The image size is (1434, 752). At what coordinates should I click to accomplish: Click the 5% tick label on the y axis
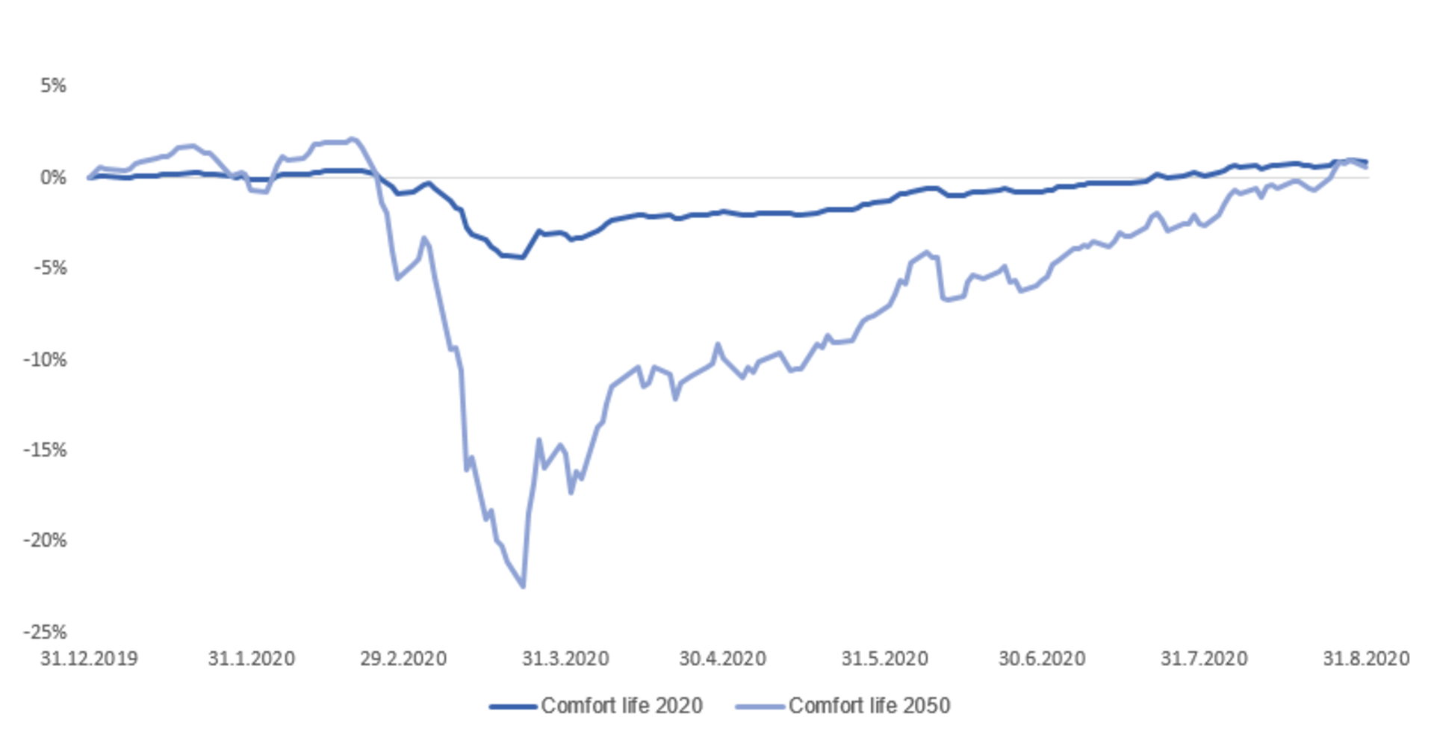click(53, 86)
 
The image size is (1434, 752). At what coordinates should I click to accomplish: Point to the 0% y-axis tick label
click(53, 178)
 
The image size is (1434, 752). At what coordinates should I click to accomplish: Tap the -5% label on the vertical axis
click(49, 268)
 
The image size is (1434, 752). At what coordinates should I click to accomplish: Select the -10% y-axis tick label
click(46, 360)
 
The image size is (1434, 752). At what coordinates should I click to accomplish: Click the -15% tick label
click(46, 450)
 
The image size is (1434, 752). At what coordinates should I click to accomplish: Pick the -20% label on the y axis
click(46, 541)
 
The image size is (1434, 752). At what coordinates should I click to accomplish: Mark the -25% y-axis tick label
click(46, 633)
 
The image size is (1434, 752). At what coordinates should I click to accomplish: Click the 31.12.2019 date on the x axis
click(89, 659)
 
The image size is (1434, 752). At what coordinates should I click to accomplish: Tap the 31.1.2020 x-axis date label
click(251, 659)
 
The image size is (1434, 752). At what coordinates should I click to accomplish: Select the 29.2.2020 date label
click(403, 659)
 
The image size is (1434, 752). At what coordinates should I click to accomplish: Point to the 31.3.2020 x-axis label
click(565, 659)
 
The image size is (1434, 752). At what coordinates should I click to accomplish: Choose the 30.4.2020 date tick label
click(722, 659)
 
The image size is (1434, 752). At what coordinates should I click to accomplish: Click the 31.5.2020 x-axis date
click(884, 659)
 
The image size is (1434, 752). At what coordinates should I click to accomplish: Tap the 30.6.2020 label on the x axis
click(1042, 659)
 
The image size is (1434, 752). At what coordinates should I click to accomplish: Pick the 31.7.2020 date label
click(1204, 659)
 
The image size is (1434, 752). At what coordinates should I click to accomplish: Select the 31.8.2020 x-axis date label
click(1366, 659)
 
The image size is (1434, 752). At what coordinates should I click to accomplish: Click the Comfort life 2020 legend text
click(621, 706)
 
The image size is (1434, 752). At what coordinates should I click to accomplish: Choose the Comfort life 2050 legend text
click(869, 706)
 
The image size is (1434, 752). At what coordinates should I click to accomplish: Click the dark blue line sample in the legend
click(513, 706)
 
